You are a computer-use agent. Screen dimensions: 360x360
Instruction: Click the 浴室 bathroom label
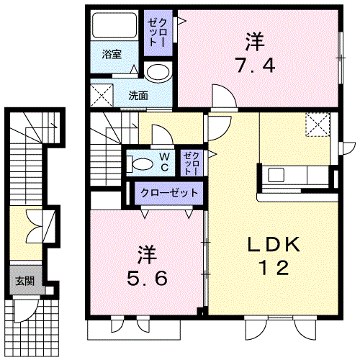[x=112, y=54]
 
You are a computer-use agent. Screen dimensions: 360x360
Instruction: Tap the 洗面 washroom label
[x=138, y=96]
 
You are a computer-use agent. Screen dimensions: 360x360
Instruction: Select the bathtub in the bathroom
[x=114, y=25]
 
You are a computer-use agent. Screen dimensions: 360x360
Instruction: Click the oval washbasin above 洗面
[x=158, y=72]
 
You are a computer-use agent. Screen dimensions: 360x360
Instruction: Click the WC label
[x=165, y=162]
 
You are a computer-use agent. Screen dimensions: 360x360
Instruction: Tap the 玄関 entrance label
[x=25, y=281]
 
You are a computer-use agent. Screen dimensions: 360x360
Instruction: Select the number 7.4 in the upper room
[x=255, y=66]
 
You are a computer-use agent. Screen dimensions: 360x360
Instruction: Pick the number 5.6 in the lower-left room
[x=147, y=278]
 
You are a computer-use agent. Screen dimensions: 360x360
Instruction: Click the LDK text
[x=274, y=244]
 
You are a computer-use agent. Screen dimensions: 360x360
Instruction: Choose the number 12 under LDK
[x=274, y=268]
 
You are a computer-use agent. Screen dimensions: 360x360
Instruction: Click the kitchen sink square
[x=276, y=175]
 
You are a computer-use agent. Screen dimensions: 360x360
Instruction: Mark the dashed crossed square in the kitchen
[x=318, y=125]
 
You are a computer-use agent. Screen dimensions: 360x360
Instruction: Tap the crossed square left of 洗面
[x=102, y=95]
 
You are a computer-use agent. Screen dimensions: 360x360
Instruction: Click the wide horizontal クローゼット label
[x=169, y=193]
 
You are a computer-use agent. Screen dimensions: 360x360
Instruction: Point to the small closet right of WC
[x=192, y=163]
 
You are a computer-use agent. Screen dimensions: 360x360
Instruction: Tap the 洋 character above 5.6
[x=147, y=255]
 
